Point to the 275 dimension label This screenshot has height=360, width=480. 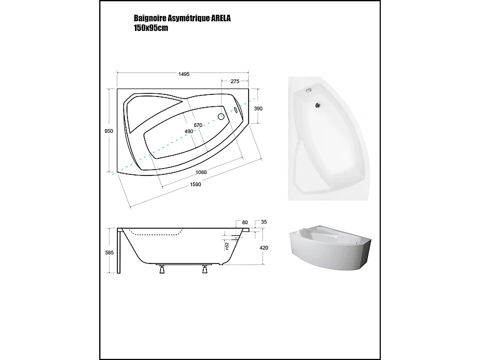coord(234,82)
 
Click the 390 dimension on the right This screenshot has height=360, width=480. coord(259,108)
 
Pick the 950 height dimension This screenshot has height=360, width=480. coord(109,131)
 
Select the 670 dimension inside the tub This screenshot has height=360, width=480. coord(198,125)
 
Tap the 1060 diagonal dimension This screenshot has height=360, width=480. coord(201,172)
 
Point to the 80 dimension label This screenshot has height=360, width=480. coord(245,222)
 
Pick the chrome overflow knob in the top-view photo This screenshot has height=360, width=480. coord(308,90)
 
